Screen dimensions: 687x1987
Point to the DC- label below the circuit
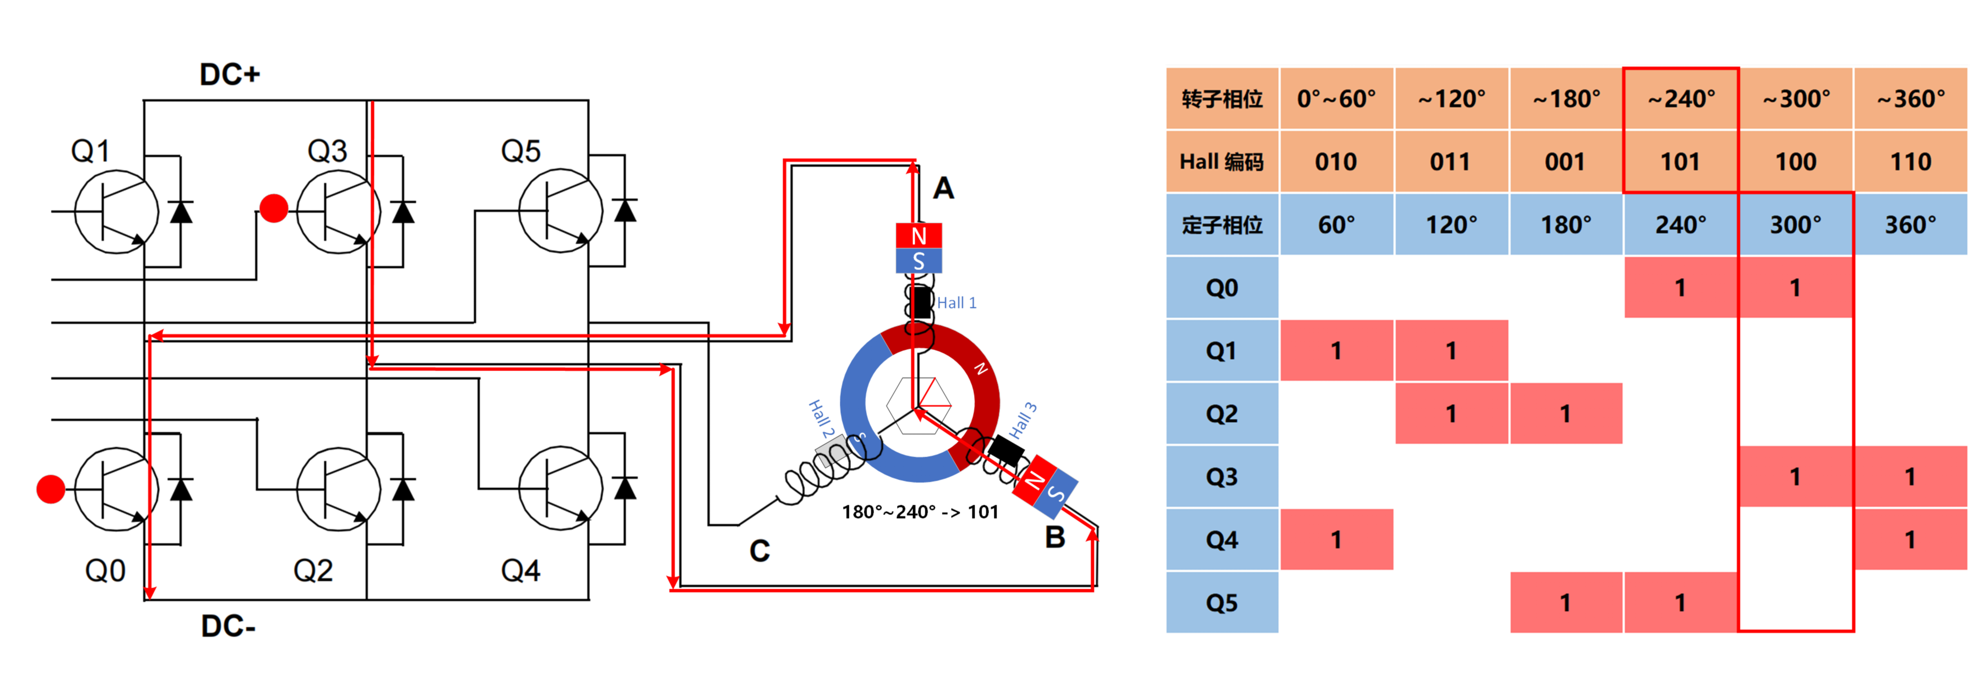pyautogui.click(x=228, y=626)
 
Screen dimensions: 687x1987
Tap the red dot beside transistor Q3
pyautogui.click(x=274, y=208)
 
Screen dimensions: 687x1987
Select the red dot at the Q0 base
pyautogui.click(x=51, y=489)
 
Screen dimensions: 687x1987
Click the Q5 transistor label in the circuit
pyautogui.click(x=521, y=151)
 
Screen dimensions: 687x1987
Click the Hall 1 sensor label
pyautogui.click(x=956, y=303)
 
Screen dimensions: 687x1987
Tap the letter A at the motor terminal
pyautogui.click(x=943, y=188)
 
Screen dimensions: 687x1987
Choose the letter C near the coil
pyautogui.click(x=760, y=551)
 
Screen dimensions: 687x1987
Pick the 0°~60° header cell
pyautogui.click(x=1336, y=99)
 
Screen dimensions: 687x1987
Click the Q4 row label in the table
pyautogui.click(x=1222, y=540)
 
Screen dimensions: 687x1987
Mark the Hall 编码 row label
pyautogui.click(x=1222, y=162)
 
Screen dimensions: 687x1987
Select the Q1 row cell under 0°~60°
pyautogui.click(x=1336, y=351)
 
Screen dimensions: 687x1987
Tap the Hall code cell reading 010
pyautogui.click(x=1336, y=162)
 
